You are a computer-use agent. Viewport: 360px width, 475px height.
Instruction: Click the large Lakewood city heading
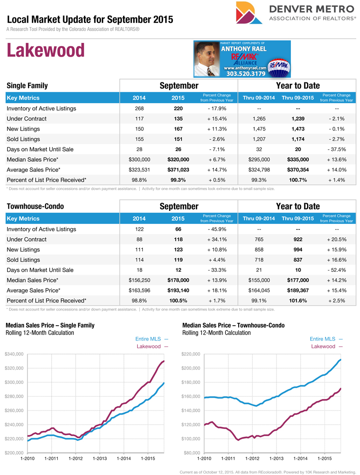tap(46, 50)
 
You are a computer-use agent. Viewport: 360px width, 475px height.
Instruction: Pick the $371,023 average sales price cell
tap(178, 170)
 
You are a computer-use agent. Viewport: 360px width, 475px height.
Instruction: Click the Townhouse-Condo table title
tap(35, 206)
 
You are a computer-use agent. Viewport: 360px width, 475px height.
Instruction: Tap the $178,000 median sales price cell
tap(178, 280)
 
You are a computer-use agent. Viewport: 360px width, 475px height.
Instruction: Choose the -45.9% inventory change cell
tap(217, 229)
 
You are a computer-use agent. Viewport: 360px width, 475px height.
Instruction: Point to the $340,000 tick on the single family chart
tap(15, 354)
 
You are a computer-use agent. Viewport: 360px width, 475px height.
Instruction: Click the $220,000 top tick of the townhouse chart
tap(190, 354)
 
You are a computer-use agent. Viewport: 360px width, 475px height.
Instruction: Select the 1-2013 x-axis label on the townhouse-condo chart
tap(276, 458)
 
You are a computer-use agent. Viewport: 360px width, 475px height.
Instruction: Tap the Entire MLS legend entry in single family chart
tap(148, 339)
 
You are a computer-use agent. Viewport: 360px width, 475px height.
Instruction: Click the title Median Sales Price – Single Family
tap(50, 325)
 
